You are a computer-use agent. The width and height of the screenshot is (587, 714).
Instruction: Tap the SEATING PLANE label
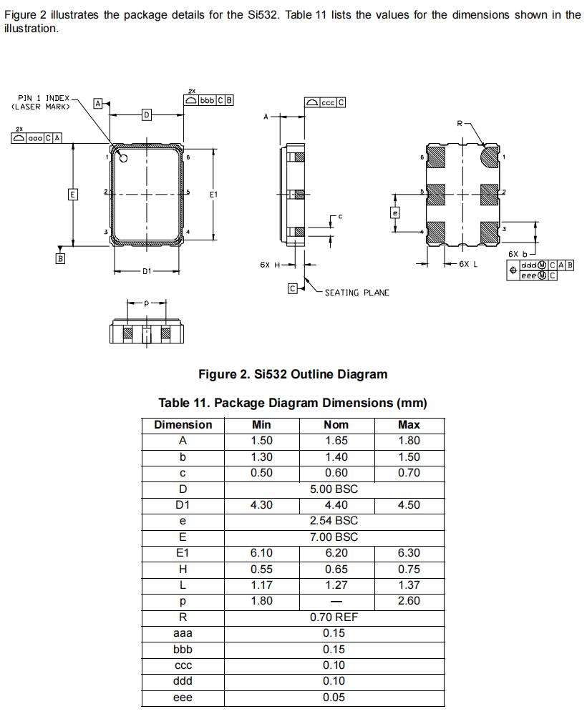click(x=356, y=293)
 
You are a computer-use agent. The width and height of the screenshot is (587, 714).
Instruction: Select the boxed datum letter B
click(x=60, y=258)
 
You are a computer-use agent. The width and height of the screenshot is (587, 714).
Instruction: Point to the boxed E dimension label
click(x=72, y=195)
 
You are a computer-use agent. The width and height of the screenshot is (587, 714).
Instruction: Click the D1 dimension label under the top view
click(x=147, y=272)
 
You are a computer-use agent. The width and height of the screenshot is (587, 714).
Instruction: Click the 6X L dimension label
click(x=468, y=264)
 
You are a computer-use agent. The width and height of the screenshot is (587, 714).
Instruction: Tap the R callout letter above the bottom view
click(x=460, y=123)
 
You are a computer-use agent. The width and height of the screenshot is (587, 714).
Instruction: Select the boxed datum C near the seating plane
click(x=292, y=289)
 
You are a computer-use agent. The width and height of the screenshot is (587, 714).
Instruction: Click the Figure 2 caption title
click(x=292, y=374)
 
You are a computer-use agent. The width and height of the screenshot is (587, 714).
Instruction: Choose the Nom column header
click(x=336, y=425)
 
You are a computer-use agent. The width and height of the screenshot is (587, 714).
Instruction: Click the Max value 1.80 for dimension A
click(x=409, y=441)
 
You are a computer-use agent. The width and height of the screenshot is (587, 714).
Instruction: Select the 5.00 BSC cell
click(x=334, y=489)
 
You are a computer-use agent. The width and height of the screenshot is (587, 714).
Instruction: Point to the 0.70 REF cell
click(x=334, y=617)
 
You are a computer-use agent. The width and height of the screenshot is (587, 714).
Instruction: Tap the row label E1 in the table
click(x=183, y=553)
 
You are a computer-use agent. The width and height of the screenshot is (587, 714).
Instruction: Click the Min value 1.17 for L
click(x=261, y=585)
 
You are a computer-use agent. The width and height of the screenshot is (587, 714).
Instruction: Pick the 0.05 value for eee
click(x=334, y=697)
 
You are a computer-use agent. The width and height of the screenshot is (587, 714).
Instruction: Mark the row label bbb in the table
click(x=183, y=649)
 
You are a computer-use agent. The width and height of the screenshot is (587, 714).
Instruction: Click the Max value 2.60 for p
click(x=409, y=601)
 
